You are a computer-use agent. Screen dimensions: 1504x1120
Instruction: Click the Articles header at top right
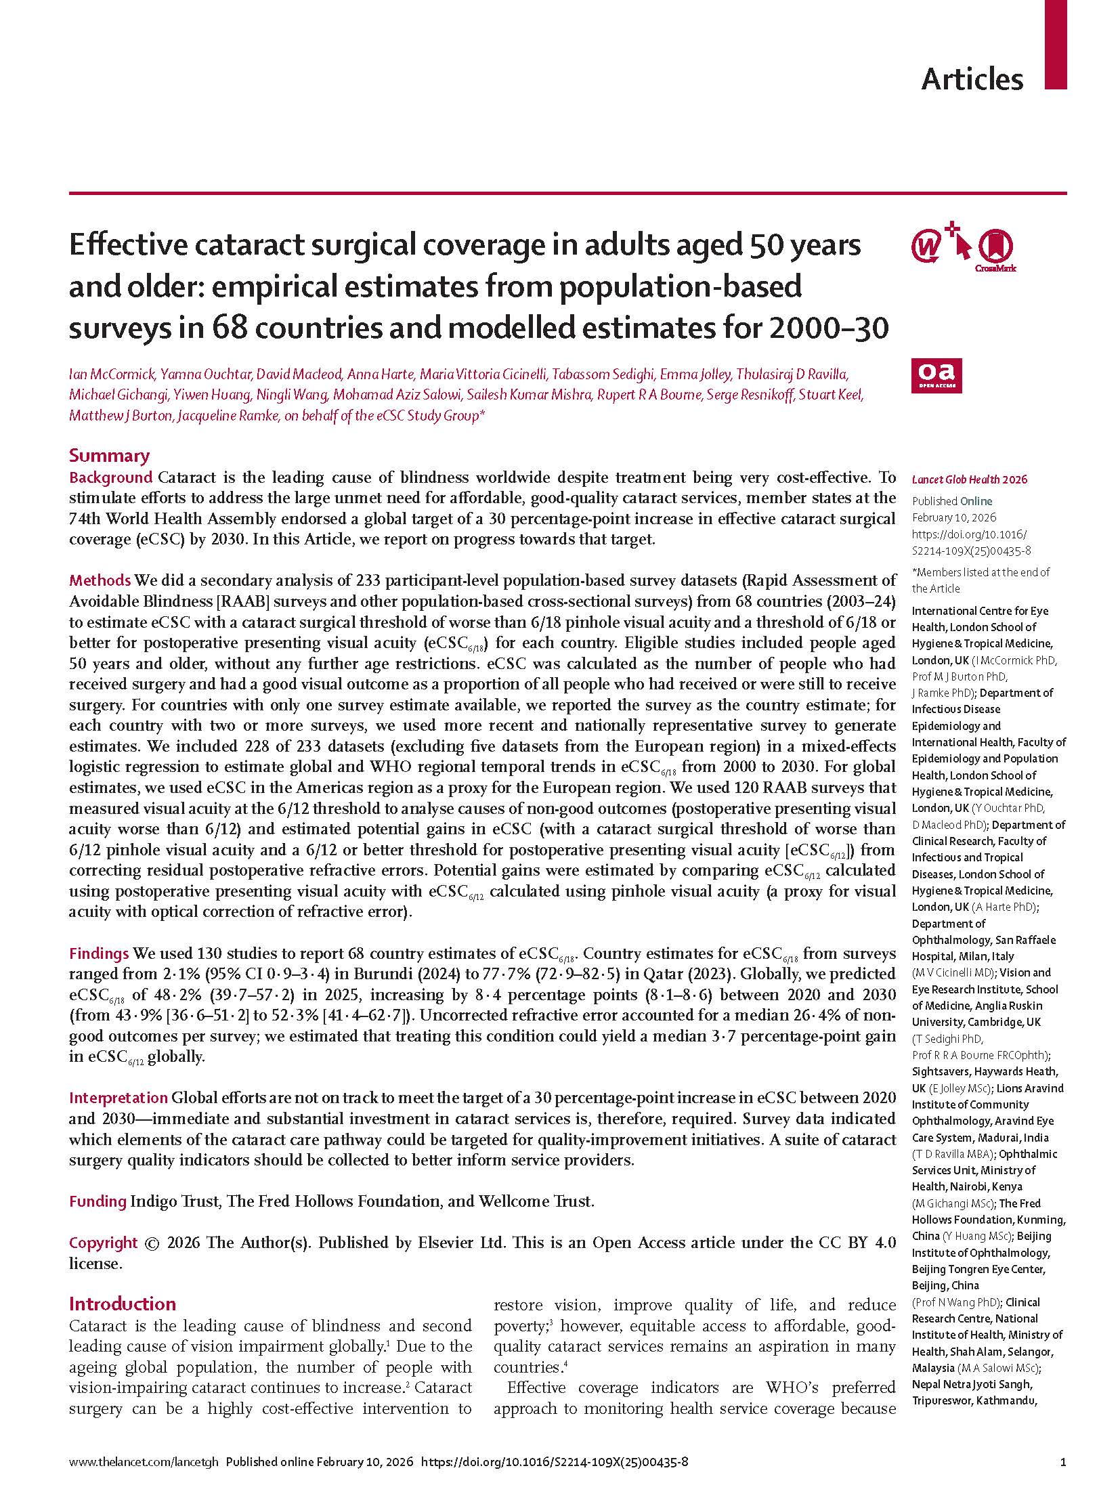[972, 79]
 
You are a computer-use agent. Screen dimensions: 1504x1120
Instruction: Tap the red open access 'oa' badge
[936, 376]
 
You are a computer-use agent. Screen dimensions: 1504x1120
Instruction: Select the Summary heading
[109, 456]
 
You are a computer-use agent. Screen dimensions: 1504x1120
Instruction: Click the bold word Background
[110, 477]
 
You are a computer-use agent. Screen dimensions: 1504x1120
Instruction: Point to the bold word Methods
[100, 580]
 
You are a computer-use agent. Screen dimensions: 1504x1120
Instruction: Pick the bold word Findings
[99, 953]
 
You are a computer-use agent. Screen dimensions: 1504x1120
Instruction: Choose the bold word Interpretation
[118, 1098]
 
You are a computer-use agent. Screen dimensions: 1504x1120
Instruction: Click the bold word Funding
[98, 1201]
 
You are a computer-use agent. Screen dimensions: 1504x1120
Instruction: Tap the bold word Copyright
[103, 1243]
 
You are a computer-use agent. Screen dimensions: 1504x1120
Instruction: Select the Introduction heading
[122, 1304]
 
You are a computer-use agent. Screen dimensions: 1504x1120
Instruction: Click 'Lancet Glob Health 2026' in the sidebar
[969, 479]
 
